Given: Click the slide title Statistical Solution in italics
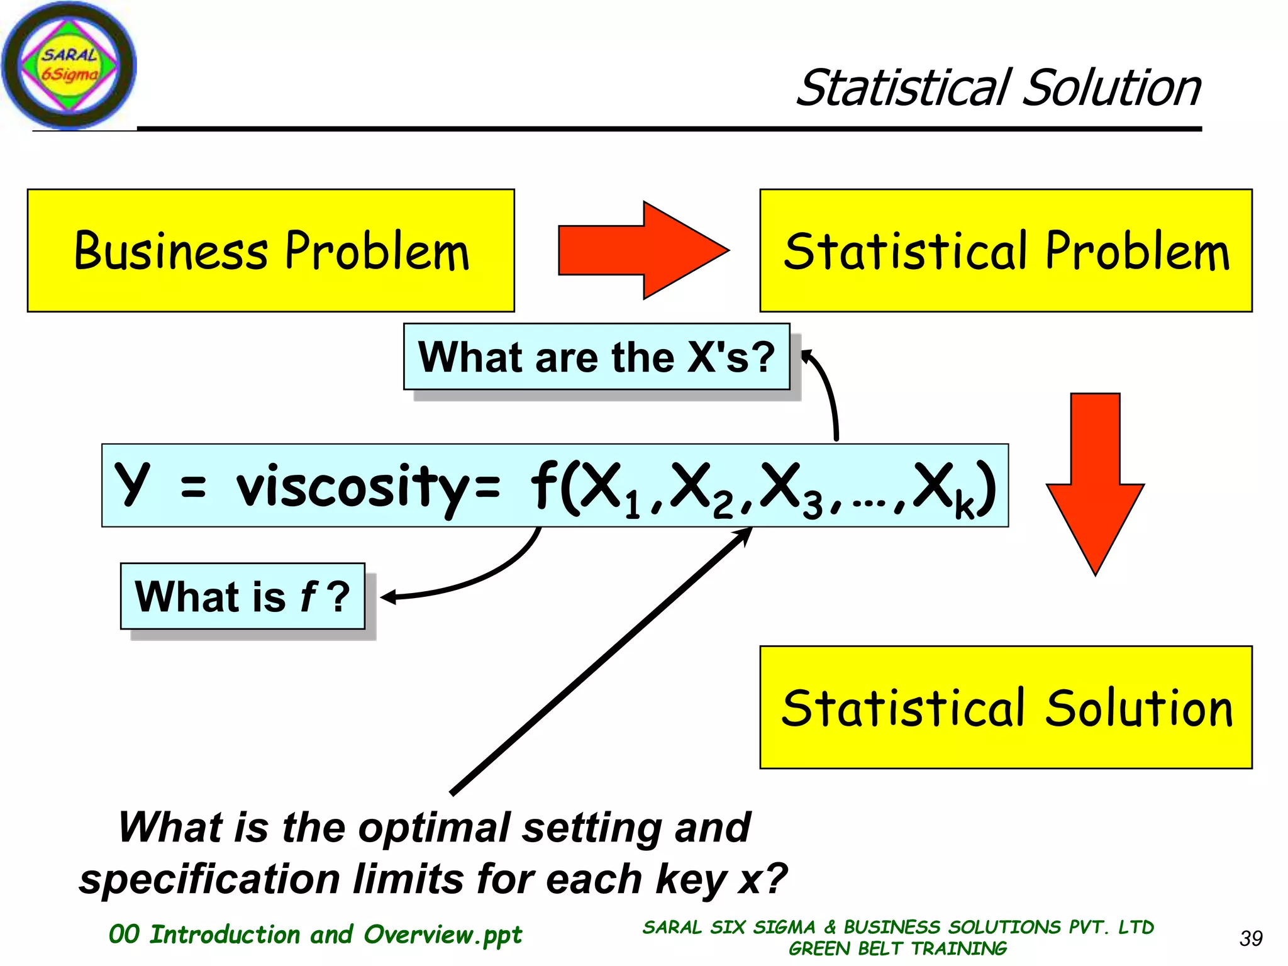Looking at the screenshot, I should tap(998, 88).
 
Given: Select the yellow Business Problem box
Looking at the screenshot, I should tap(271, 250).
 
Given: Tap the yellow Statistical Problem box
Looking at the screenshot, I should tap(1006, 250).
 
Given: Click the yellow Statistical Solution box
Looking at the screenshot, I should tap(1006, 708).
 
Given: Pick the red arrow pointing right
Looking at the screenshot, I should tap(643, 250).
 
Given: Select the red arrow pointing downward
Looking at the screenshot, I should tap(1095, 484).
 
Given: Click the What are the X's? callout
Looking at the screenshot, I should tap(596, 357).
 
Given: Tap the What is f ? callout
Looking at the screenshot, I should tap(243, 596).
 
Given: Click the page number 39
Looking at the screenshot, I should tap(1250, 938).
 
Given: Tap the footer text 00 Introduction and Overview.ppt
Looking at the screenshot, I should tap(315, 935).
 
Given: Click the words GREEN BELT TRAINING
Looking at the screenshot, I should tap(897, 948).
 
